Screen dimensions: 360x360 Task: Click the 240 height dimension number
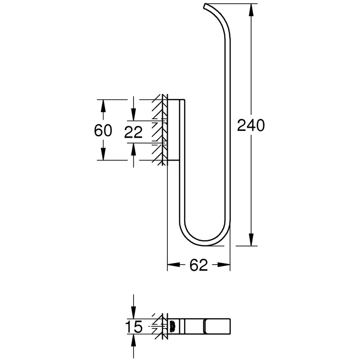pyautogui.click(x=251, y=126)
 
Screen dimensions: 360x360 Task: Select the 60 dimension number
pyautogui.click(x=103, y=130)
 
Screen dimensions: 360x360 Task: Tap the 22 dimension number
pyautogui.click(x=133, y=132)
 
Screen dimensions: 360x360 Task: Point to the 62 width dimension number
pyautogui.click(x=198, y=265)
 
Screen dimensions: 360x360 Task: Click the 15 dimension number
pyautogui.click(x=134, y=327)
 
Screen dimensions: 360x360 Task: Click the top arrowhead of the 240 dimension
pyautogui.click(x=252, y=10)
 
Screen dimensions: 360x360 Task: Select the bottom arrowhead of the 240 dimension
pyautogui.click(x=252, y=239)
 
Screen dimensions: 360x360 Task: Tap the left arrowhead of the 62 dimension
pyautogui.click(x=174, y=265)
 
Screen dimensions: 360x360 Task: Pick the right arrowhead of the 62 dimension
pyautogui.click(x=224, y=265)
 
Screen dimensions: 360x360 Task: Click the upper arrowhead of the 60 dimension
pyautogui.click(x=103, y=106)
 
